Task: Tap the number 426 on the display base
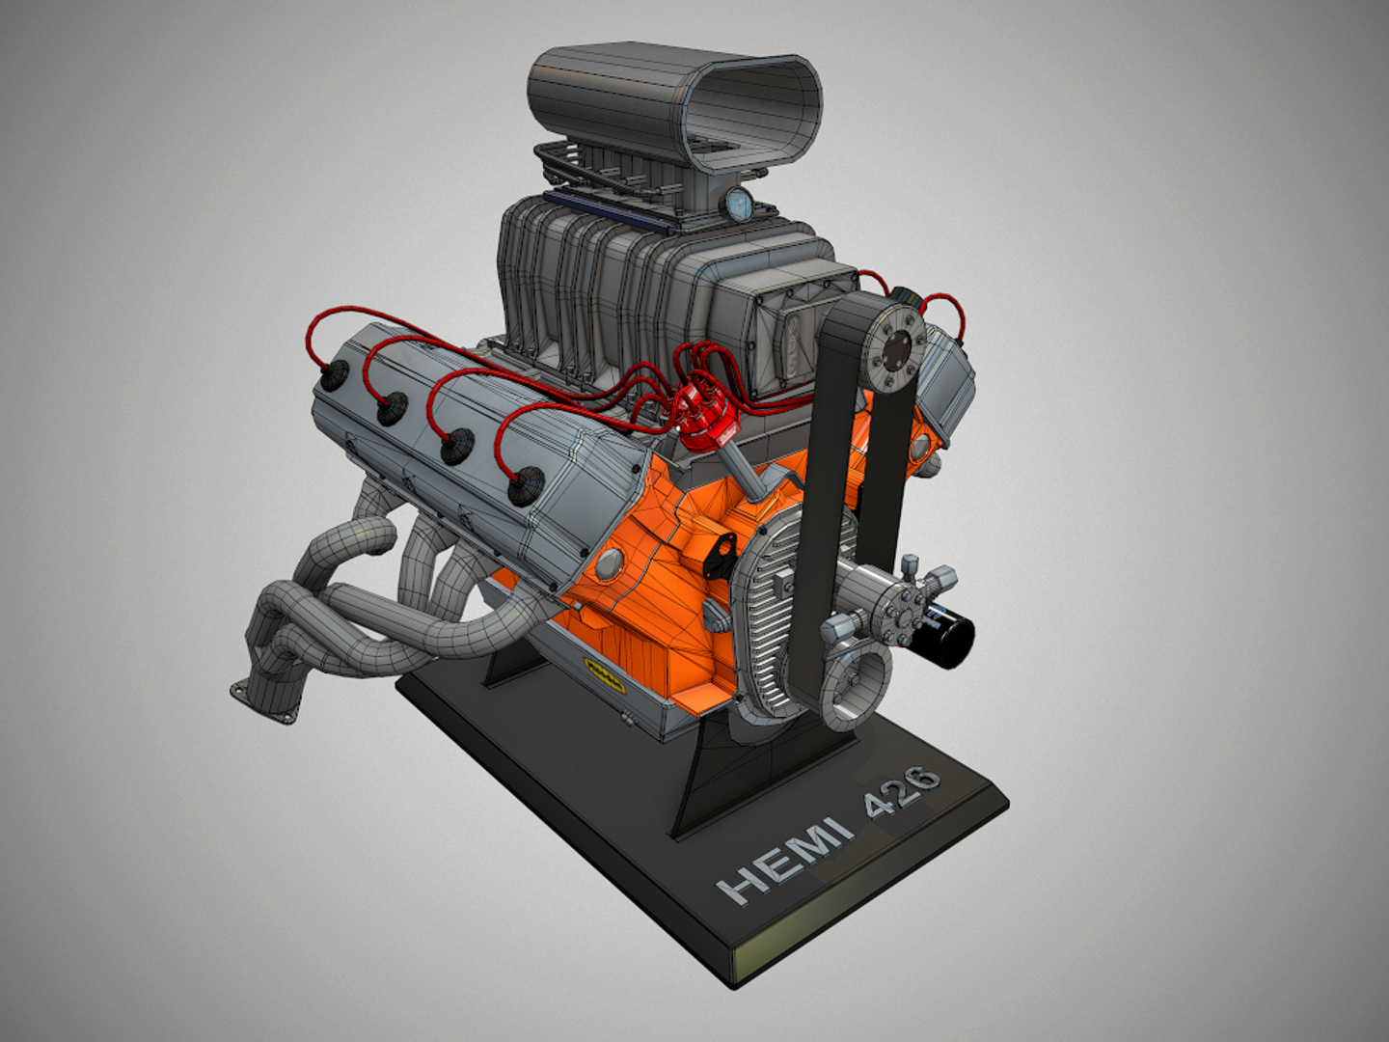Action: [x=901, y=790]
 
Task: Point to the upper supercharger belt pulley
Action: [x=893, y=348]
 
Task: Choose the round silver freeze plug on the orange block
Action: [x=610, y=565]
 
